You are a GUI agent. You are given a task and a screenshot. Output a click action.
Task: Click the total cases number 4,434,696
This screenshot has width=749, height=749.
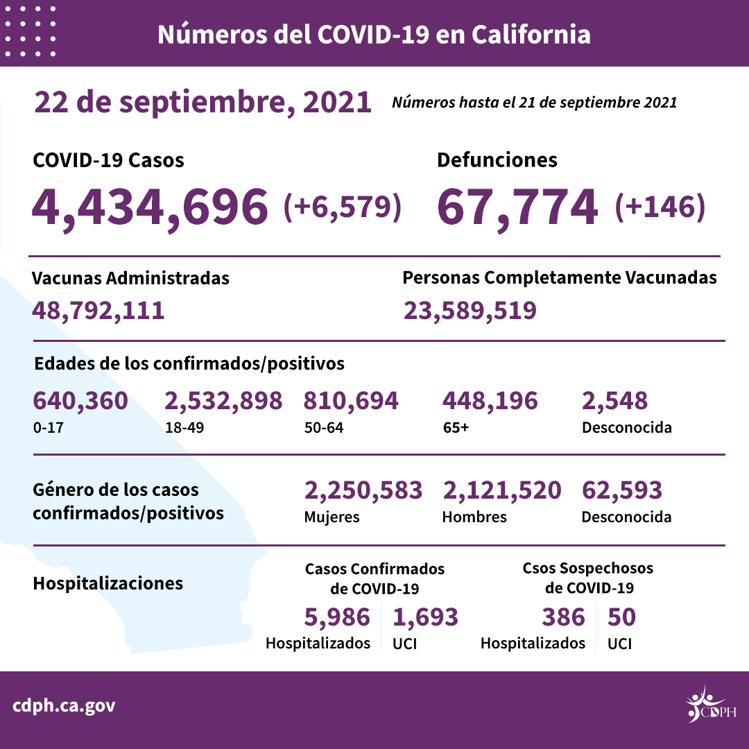pyautogui.click(x=150, y=206)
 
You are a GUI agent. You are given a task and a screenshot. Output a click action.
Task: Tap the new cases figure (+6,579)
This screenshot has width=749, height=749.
pyautogui.click(x=343, y=206)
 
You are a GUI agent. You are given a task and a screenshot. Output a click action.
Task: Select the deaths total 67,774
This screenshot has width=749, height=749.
pyautogui.click(x=517, y=206)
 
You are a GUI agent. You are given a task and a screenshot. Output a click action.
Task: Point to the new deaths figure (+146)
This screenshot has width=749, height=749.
pyautogui.click(x=660, y=206)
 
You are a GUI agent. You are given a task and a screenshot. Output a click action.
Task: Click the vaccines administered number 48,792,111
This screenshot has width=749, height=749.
pyautogui.click(x=98, y=310)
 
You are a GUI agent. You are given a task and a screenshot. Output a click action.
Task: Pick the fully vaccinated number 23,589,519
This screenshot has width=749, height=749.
pyautogui.click(x=470, y=310)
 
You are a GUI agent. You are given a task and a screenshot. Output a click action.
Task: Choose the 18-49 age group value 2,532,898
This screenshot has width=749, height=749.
pyautogui.click(x=223, y=401)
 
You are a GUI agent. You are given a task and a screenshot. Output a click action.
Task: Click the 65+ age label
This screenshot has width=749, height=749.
pyautogui.click(x=455, y=427)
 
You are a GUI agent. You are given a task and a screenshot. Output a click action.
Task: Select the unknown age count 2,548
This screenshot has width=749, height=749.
pyautogui.click(x=614, y=401)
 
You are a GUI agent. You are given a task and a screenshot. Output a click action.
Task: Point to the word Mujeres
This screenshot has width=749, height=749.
pyautogui.click(x=332, y=517)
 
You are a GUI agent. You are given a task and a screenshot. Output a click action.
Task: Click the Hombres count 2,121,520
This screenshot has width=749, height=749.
pyautogui.click(x=501, y=491)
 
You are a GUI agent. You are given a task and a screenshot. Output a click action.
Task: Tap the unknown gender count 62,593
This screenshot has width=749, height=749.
pyautogui.click(x=621, y=491)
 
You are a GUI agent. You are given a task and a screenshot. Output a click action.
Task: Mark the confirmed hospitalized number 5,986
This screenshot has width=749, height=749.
pyautogui.click(x=337, y=617)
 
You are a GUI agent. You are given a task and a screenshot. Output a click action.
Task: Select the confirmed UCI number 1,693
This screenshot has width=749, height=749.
pyautogui.click(x=425, y=617)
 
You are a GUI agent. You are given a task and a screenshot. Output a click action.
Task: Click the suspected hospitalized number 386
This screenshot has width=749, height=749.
pyautogui.click(x=562, y=617)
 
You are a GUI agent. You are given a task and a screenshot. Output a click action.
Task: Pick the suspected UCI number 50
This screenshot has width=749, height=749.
pyautogui.click(x=621, y=617)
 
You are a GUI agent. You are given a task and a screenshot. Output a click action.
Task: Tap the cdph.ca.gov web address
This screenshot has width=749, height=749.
pyautogui.click(x=64, y=707)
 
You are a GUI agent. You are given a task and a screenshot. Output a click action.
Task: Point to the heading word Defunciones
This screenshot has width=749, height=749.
pyautogui.click(x=497, y=160)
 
